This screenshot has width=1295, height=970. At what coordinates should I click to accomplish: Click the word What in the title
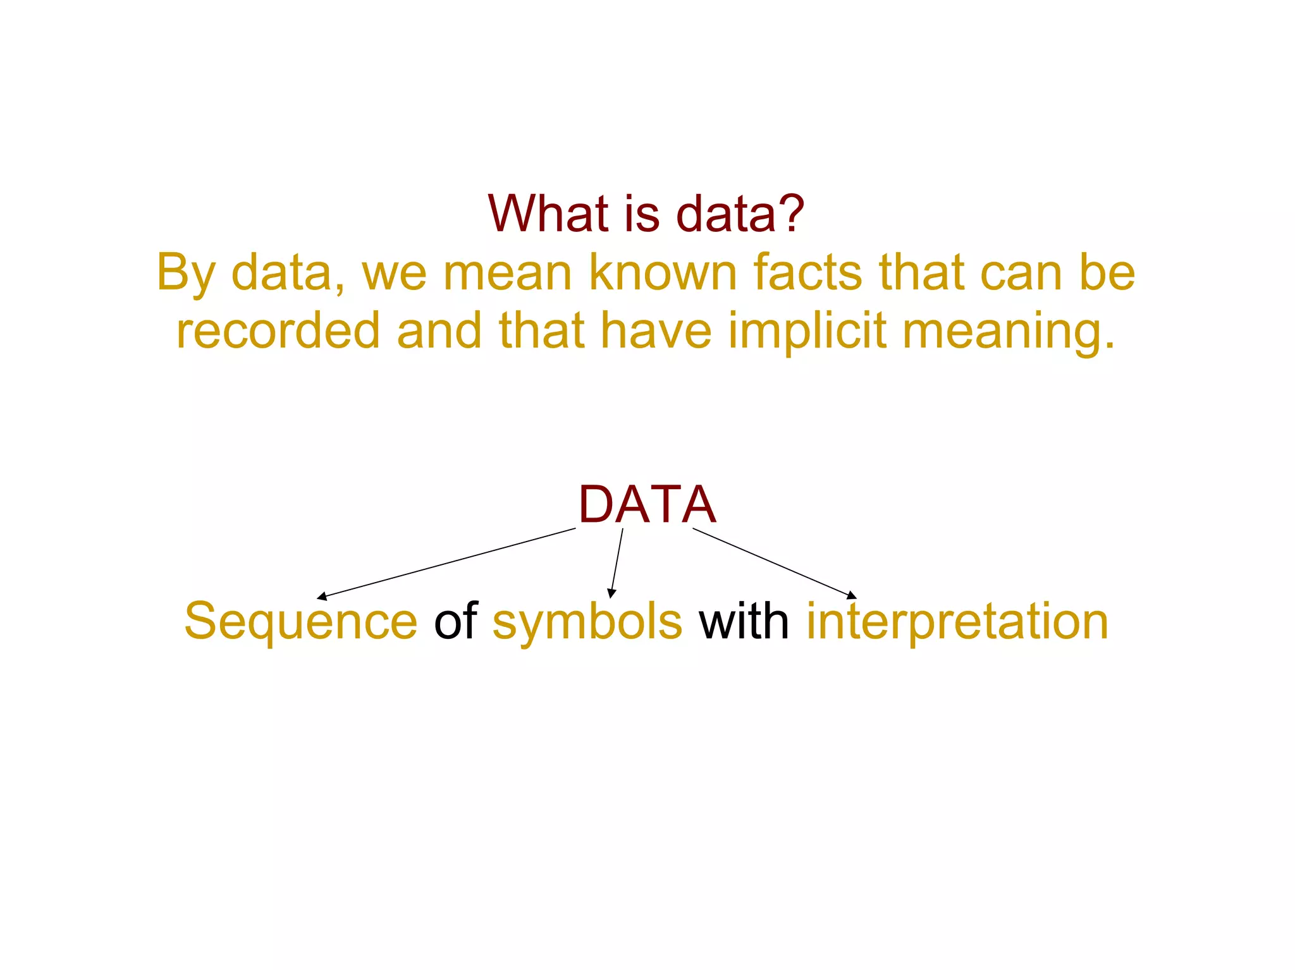(548, 214)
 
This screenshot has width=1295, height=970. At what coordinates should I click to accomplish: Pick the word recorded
(278, 330)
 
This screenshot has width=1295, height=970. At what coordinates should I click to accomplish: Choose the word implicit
(807, 332)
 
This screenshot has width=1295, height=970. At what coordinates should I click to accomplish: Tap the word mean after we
(508, 273)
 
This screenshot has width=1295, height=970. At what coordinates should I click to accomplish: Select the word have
(656, 330)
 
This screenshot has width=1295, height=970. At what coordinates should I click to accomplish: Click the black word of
(455, 621)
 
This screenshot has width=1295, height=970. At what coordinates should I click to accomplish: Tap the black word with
(744, 621)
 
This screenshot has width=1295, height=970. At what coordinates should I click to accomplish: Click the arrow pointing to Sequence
(446, 563)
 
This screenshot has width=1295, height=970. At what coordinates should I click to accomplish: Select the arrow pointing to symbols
(617, 562)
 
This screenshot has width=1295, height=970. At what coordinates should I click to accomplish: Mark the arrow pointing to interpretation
(775, 563)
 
